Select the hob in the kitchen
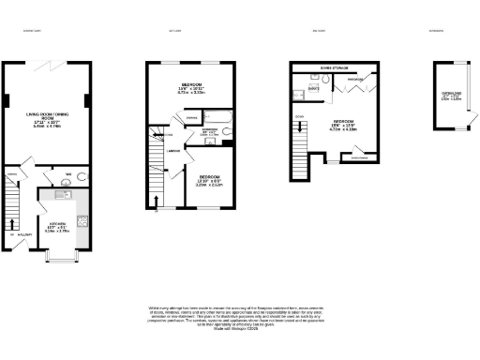[x=82, y=222]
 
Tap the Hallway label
[x=15, y=247]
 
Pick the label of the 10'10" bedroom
[x=207, y=182]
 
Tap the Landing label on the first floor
[x=173, y=151]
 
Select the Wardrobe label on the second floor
[x=355, y=80]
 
